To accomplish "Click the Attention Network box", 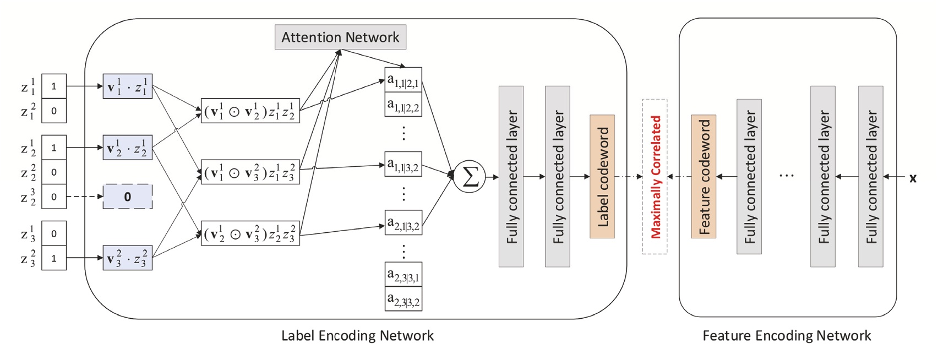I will pyautogui.click(x=340, y=37).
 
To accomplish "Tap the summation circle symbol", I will pyautogui.click(x=470, y=177).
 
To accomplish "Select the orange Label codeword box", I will pyautogui.click(x=602, y=177).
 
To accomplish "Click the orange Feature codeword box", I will pyautogui.click(x=703, y=177).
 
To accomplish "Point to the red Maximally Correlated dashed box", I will pyautogui.click(x=655, y=177).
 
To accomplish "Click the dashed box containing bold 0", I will pyautogui.click(x=128, y=197).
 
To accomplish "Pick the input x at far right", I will pyautogui.click(x=913, y=178).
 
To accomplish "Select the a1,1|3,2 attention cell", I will pyautogui.click(x=403, y=165).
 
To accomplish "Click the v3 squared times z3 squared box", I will pyautogui.click(x=128, y=258).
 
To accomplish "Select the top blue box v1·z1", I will pyautogui.click(x=128, y=86).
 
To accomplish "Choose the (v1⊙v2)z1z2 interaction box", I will pyautogui.click(x=250, y=111).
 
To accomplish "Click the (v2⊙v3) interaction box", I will pyautogui.click(x=250, y=233).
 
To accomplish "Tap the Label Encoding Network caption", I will pyautogui.click(x=357, y=336).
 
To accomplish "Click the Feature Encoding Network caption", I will pyautogui.click(x=787, y=336).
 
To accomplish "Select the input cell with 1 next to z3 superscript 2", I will pyautogui.click(x=54, y=258).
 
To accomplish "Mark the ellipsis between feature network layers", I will pyautogui.click(x=787, y=176).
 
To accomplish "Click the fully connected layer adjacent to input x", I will pyautogui.click(x=870, y=177).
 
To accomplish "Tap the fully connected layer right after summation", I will pyautogui.click(x=511, y=177).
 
